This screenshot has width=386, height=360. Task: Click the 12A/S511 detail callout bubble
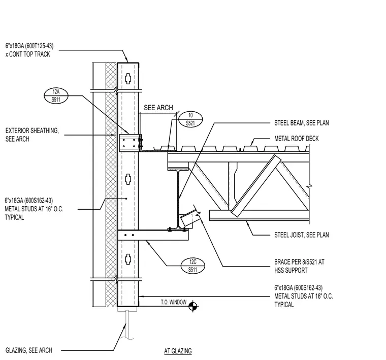point(56,96)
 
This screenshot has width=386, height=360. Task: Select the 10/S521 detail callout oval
point(190,119)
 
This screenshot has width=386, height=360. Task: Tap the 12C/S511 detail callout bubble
point(193,266)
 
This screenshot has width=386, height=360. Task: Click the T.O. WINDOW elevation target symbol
point(193,306)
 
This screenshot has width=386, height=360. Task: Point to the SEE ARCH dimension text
point(158,108)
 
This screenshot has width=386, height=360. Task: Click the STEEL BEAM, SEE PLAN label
point(302,123)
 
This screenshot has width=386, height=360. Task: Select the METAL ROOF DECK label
point(297,139)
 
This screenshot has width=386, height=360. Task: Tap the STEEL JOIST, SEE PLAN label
point(302,235)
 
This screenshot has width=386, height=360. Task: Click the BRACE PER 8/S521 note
point(299,266)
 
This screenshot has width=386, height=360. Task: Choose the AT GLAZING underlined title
point(178,351)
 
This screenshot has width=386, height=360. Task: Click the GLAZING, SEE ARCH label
point(29,350)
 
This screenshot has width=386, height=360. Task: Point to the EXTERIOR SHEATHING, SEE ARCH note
point(32,135)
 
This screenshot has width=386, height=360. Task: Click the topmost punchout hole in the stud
point(128,78)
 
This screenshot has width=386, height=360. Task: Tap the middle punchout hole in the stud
point(128,179)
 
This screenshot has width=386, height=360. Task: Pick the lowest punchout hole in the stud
point(128,259)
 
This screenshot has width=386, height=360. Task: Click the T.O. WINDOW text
point(174,302)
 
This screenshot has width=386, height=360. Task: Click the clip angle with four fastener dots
point(128,143)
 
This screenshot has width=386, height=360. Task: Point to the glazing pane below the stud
point(127,325)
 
